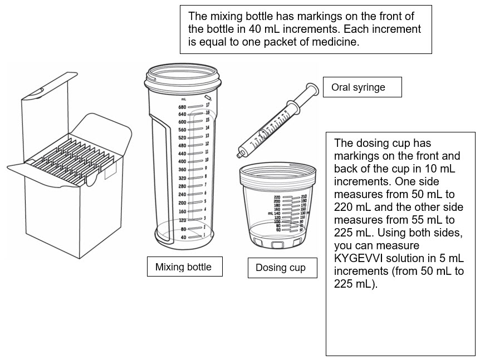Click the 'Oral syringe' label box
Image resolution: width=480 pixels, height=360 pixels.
click(x=362, y=87)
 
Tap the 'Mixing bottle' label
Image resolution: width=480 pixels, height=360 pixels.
click(x=184, y=267)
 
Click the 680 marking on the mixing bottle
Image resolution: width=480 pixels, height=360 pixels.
click(x=182, y=107)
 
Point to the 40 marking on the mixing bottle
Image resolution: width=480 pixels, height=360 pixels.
click(x=183, y=237)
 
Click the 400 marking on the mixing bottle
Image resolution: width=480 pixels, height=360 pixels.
click(x=182, y=161)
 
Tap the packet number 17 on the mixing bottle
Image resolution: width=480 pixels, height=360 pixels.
click(x=207, y=105)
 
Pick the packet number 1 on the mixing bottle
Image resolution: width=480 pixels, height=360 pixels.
click(x=205, y=235)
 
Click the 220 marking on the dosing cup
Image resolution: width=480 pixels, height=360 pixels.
click(x=277, y=198)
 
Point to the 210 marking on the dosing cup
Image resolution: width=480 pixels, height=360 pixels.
click(x=303, y=197)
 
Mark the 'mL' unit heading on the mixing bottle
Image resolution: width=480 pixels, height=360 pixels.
click(x=183, y=98)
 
